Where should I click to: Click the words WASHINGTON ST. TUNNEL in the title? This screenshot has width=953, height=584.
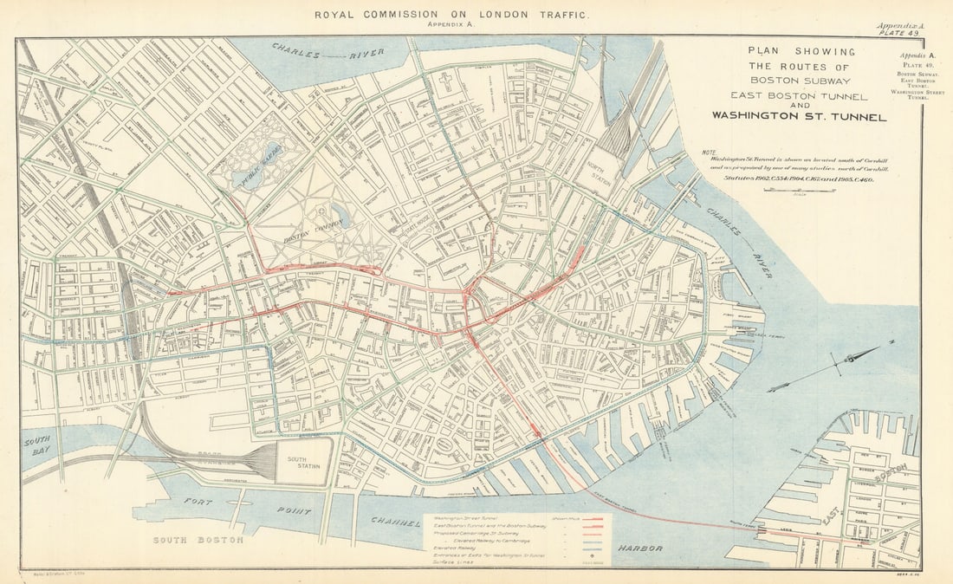(x=799, y=116)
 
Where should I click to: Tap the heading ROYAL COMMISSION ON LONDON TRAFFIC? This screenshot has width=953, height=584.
(x=451, y=15)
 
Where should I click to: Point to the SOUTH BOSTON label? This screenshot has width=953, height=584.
(x=198, y=540)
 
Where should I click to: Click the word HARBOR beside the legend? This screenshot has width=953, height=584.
(x=640, y=548)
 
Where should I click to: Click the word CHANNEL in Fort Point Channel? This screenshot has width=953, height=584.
(x=395, y=522)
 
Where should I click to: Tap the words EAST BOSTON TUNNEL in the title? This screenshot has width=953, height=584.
(x=799, y=94)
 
